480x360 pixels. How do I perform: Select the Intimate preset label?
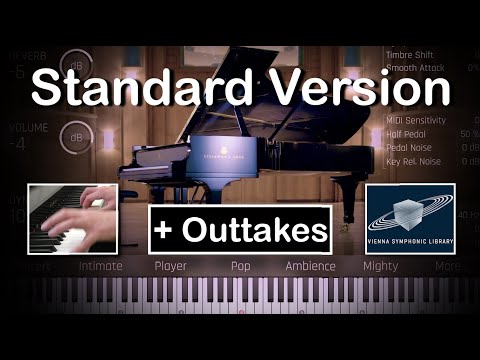click(100, 266)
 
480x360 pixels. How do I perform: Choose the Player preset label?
click(171, 266)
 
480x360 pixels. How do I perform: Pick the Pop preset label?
click(240, 266)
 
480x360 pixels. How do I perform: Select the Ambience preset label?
click(310, 266)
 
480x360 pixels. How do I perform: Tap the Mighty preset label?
click(381, 266)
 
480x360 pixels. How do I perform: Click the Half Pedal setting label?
click(407, 133)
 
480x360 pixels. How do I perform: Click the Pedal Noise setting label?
click(410, 147)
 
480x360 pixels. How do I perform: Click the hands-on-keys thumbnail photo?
click(72, 218)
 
